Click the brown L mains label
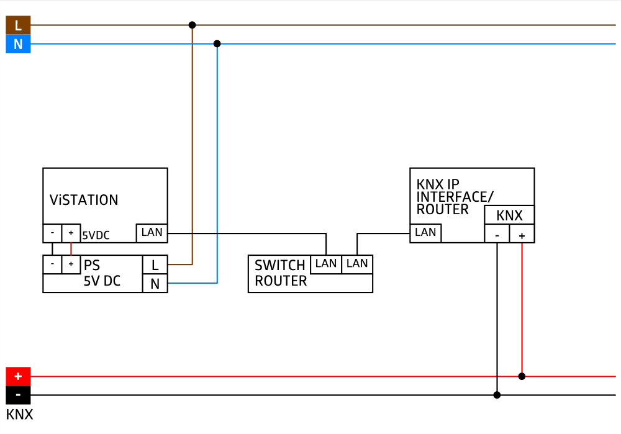tap(18, 25)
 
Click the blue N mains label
tap(18, 44)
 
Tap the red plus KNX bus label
tap(18, 376)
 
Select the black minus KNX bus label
tap(18, 395)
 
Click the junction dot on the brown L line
tap(192, 25)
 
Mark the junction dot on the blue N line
tap(217, 44)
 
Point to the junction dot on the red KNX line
tap(522, 376)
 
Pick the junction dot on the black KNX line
tap(497, 395)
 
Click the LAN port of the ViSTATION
tap(152, 233)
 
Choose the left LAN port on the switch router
tap(326, 264)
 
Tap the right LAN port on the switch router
tap(357, 264)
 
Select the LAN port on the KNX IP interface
tap(425, 233)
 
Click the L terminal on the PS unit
tap(155, 264)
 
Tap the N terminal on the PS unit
tap(155, 283)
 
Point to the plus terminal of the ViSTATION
tap(71, 233)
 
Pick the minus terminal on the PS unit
tap(52, 264)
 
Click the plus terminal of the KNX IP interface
tap(522, 234)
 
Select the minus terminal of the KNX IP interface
tap(497, 234)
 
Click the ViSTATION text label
tap(84, 200)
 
